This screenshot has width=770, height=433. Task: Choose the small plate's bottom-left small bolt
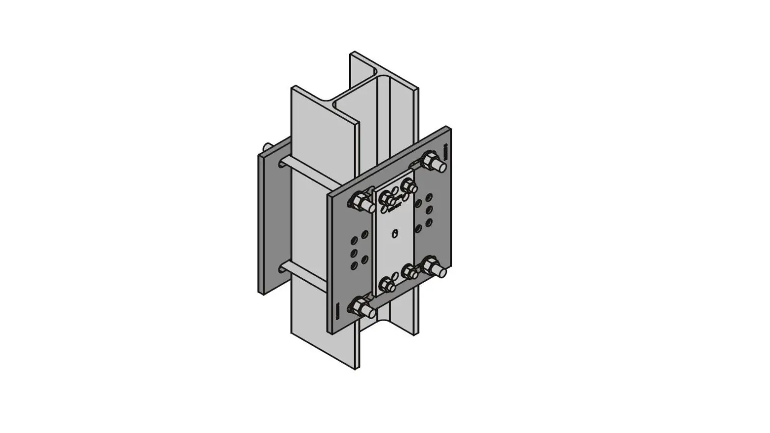pos(387,283)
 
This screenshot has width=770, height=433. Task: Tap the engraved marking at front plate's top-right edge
pos(445,152)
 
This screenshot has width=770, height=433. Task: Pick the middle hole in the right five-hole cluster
pos(429,210)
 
